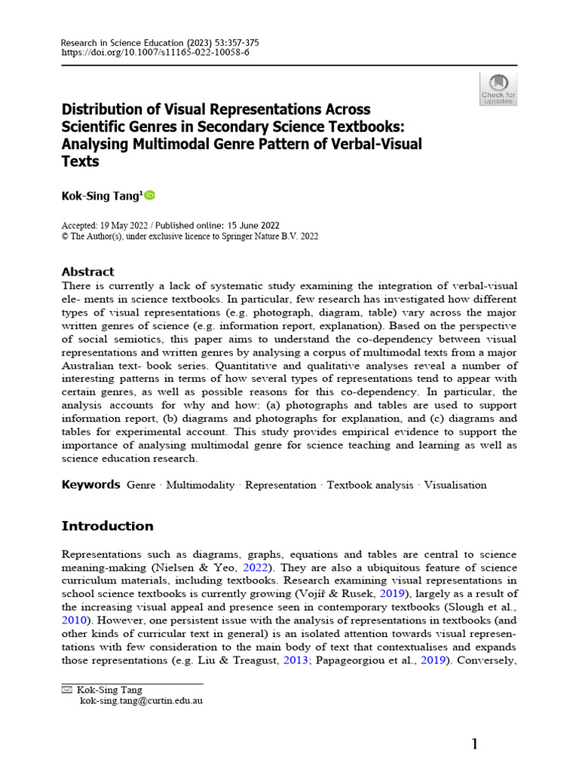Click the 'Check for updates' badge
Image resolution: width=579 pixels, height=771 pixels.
point(498,89)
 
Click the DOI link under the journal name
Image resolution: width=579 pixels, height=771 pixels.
point(155,53)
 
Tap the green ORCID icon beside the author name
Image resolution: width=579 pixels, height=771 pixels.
point(149,196)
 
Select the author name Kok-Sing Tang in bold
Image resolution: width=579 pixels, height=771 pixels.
point(101,196)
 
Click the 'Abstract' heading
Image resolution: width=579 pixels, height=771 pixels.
point(87,272)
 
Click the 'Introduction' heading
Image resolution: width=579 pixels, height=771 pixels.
point(107,526)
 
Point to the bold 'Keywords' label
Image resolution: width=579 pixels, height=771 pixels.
point(90,485)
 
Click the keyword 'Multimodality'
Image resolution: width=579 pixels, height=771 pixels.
point(201,486)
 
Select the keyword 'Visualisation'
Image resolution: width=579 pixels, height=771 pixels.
point(455,486)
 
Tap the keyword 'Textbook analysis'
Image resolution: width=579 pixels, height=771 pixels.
point(370,486)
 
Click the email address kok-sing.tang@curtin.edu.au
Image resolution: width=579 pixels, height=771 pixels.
point(141,700)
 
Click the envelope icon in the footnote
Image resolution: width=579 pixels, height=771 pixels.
point(66,690)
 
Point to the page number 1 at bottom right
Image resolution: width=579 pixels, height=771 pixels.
point(475,745)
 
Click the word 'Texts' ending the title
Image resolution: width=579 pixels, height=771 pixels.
point(80,161)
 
